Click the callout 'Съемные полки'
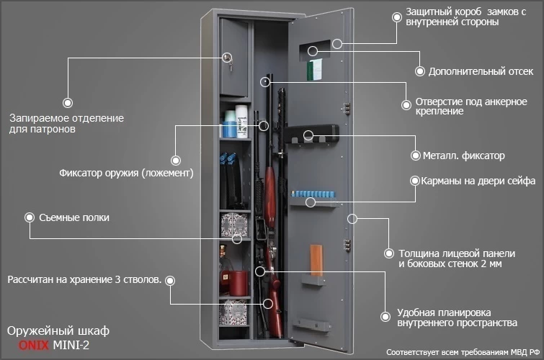(74, 217)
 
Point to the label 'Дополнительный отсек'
(481, 71)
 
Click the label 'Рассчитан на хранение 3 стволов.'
(84, 279)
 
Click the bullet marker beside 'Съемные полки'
(30, 217)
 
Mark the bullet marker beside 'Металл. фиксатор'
(415, 155)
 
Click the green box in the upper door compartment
(313, 69)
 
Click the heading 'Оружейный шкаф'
(58, 330)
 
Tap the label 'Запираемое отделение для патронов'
(66, 123)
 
